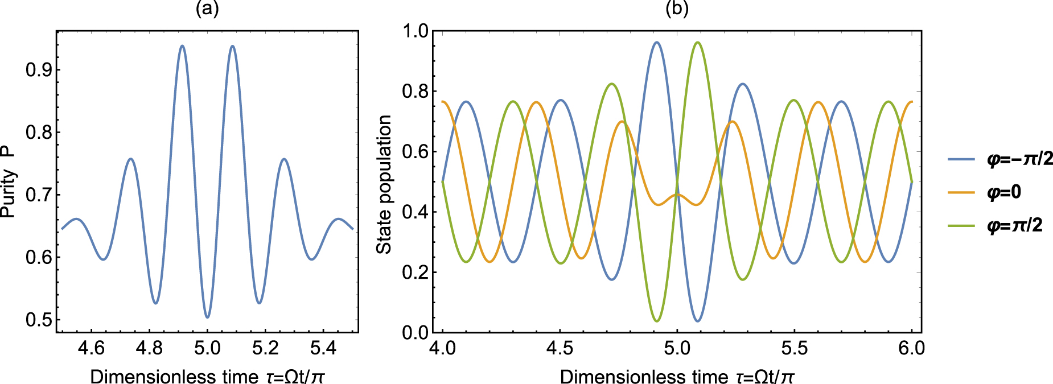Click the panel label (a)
pyautogui.click(x=207, y=9)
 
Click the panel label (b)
pyautogui.click(x=677, y=9)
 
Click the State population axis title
pyautogui.click(x=385, y=184)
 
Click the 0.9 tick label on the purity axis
pyautogui.click(x=39, y=70)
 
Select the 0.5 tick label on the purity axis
pyautogui.click(x=39, y=320)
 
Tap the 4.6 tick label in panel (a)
pyautogui.click(x=91, y=348)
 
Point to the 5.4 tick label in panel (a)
pyautogui.click(x=323, y=348)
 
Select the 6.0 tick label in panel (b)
pyautogui.click(x=912, y=348)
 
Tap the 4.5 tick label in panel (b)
pyautogui.click(x=560, y=348)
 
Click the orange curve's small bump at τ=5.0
pyautogui.click(x=677, y=195)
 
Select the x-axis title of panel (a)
pyautogui.click(x=207, y=377)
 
